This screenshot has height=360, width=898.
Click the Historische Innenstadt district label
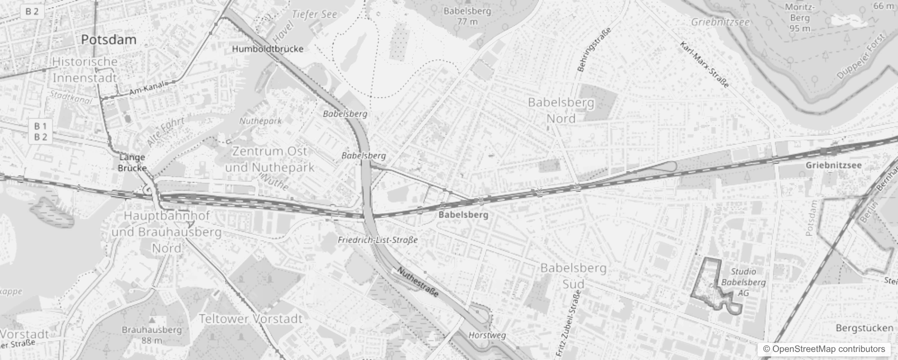85,70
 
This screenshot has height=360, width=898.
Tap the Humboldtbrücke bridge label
268,49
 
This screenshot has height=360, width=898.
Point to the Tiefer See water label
314,14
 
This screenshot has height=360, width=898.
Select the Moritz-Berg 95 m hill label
799,18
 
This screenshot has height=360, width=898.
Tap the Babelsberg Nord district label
561,111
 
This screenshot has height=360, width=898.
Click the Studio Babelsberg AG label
743,282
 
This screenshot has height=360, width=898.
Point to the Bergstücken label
864,328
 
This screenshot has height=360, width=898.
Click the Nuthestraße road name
418,282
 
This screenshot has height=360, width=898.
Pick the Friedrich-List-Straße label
378,240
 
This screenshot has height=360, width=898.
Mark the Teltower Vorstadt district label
251,319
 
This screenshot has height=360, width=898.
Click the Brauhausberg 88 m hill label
152,335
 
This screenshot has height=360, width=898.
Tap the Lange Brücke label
132,162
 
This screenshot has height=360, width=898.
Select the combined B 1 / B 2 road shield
40,131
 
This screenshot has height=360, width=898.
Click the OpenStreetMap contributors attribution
823,349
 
